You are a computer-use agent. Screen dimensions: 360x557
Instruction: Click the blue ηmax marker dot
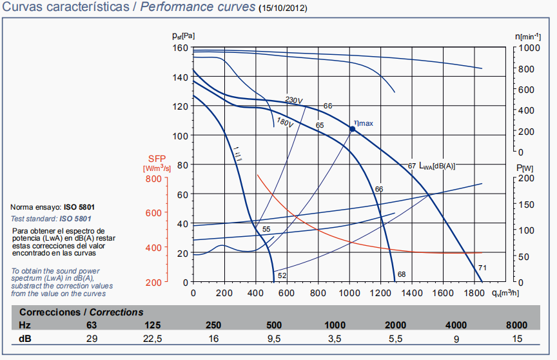coord(353,129)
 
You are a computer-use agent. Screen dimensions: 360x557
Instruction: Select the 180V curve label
coord(285,121)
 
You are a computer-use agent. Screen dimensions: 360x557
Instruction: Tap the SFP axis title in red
coord(157,159)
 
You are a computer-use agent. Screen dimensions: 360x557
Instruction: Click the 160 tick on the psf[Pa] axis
coord(180,48)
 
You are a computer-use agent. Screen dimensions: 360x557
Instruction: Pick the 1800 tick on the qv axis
coord(474,292)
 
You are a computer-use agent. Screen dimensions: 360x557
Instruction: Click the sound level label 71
coord(482,267)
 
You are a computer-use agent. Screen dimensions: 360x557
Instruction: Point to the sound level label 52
coord(282,275)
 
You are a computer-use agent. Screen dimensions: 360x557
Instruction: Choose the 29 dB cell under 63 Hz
coord(92,338)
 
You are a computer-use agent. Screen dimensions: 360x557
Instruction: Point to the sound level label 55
coord(266,230)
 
